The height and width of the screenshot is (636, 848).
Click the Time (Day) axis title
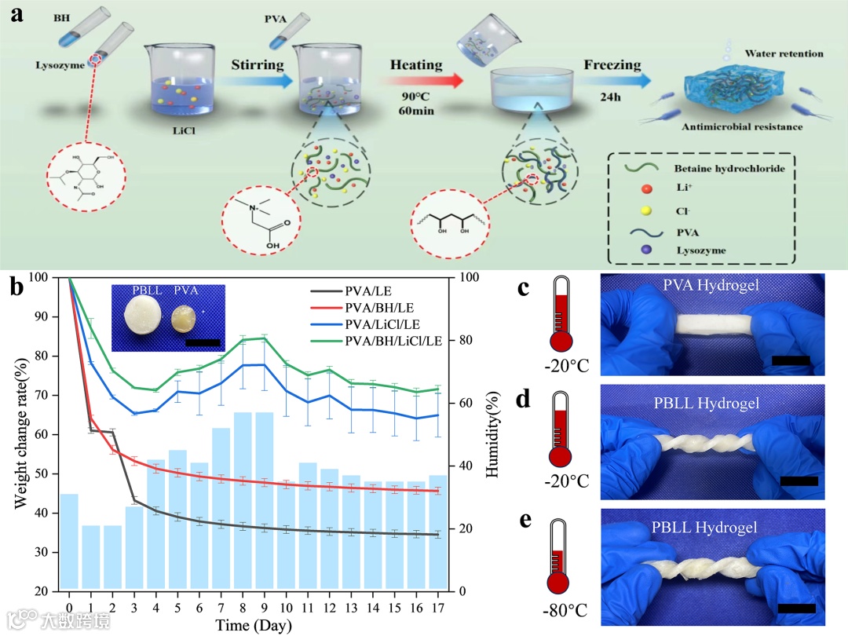[x=254, y=626]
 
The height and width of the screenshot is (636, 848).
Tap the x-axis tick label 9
[x=265, y=608]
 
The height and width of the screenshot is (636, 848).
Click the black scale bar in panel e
[x=796, y=608]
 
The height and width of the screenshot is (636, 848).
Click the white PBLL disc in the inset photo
[x=145, y=319]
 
